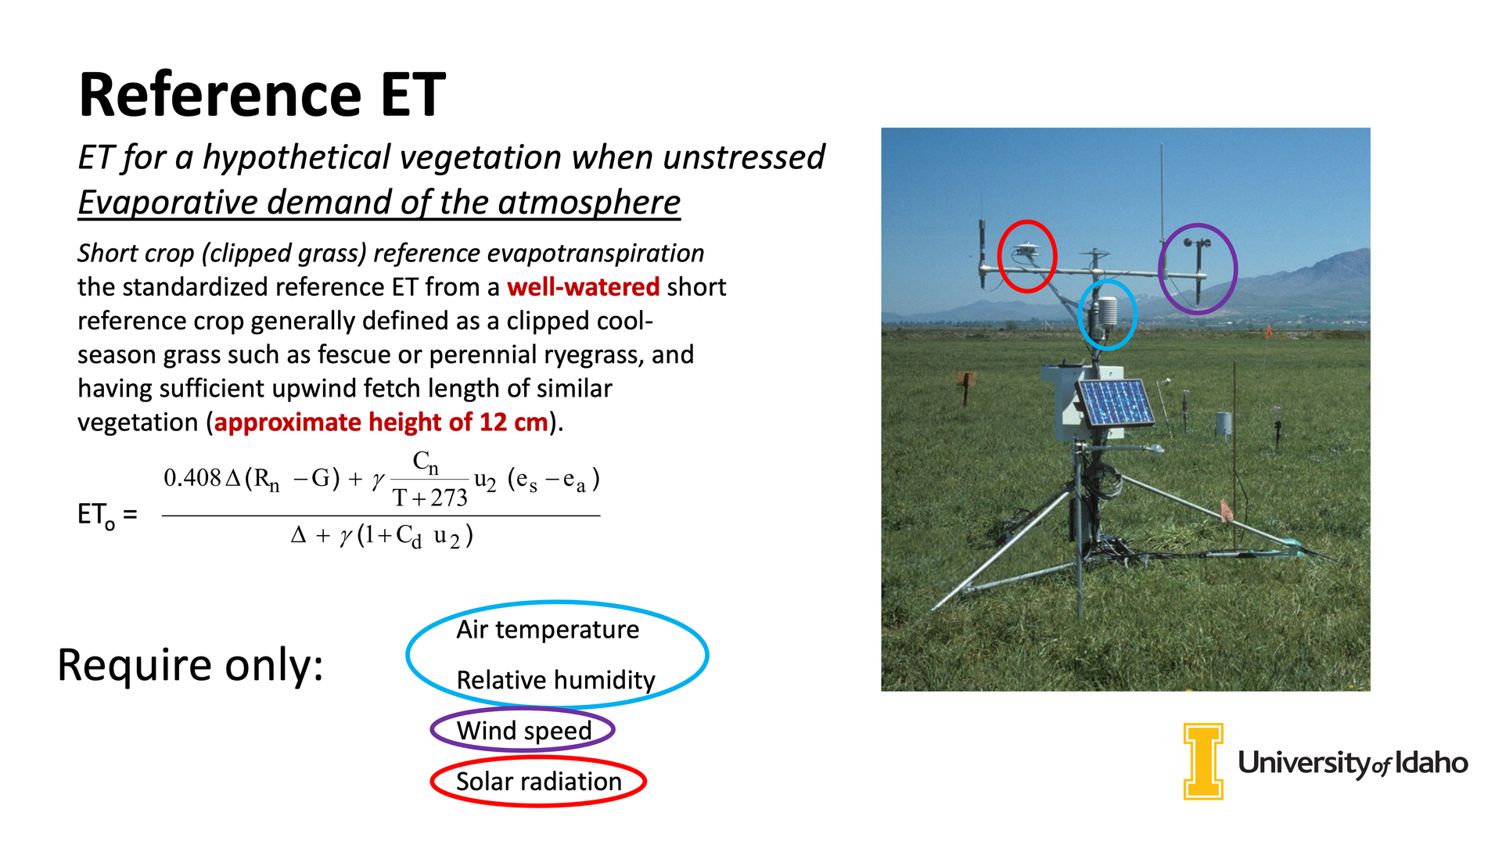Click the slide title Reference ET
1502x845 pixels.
(262, 95)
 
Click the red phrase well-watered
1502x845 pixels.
(583, 287)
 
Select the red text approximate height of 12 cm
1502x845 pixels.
(381, 422)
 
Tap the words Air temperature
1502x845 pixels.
(548, 630)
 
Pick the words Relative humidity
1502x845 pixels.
(555, 680)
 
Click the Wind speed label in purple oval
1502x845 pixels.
(524, 731)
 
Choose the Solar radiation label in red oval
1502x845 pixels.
(539, 782)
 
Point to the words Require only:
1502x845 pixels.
(191, 666)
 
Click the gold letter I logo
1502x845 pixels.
(1203, 761)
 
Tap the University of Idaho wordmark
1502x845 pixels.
(1353, 763)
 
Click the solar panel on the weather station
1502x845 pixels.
(1116, 404)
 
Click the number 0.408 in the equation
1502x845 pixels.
(192, 478)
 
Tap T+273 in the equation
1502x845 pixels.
(430, 498)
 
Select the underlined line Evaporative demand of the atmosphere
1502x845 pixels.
(379, 203)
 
